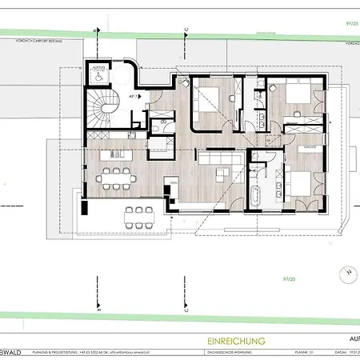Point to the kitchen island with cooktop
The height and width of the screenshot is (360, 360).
coord(111,154)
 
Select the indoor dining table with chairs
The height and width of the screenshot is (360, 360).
coord(121,174)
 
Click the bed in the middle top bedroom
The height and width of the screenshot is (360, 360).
coord(211,98)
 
